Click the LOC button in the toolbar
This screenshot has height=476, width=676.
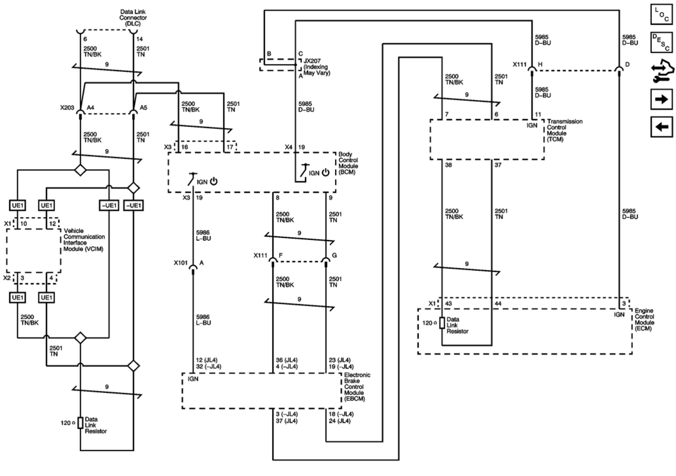coord(661,14)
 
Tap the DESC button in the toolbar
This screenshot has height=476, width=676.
coord(661,43)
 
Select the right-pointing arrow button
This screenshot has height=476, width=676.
coord(661,99)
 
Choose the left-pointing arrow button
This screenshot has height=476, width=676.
coord(661,127)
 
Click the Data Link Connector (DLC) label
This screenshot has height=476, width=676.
coord(133,18)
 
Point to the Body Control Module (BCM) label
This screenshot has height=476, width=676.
coord(348,163)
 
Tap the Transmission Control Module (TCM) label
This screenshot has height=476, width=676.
coord(565,130)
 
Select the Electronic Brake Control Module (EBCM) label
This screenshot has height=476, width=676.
coord(357,387)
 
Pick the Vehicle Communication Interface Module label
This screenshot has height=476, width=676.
coord(84,240)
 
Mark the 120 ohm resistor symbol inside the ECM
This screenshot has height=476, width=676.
coord(442,323)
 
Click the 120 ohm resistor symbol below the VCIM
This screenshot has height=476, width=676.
coord(80,423)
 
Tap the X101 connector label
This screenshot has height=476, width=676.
coord(180,263)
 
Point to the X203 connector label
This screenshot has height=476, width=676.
coord(67,107)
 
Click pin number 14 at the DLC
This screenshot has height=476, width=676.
coord(140,39)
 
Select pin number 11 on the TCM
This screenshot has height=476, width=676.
coord(538,114)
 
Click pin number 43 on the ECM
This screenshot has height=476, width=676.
coord(448,303)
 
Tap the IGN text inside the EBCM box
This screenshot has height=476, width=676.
coord(193,379)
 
